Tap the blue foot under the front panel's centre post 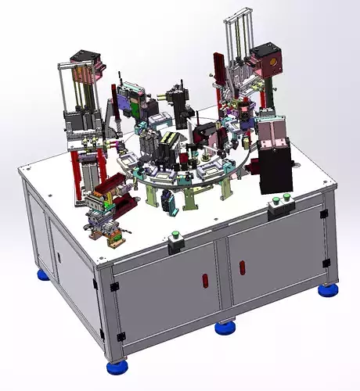pyautogui.click(x=226, y=328)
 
